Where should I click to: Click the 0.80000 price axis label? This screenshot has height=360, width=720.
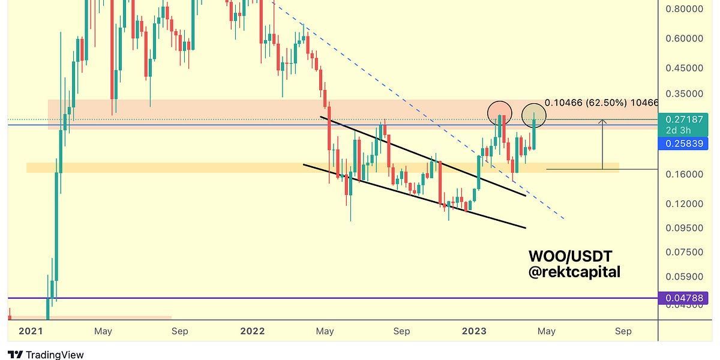point(684,9)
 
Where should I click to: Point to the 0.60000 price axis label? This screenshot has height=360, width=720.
point(684,38)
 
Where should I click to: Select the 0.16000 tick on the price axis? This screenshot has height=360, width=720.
point(684,174)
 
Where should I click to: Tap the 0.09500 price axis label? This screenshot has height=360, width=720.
point(684,228)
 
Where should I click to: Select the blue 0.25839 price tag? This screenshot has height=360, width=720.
point(683,143)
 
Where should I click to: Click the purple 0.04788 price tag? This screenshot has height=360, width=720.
point(683,298)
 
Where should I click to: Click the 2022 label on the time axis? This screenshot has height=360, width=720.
point(252,331)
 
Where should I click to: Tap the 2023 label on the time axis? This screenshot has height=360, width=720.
point(474,331)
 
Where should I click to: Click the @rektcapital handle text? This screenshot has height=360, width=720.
point(574,272)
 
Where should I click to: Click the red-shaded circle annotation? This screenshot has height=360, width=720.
point(499,113)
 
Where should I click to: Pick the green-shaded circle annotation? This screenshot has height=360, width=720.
point(533,116)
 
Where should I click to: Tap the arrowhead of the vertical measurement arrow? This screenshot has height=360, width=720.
point(603,122)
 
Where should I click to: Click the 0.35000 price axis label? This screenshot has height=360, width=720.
point(684,94)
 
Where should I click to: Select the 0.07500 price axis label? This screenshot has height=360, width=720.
point(684,252)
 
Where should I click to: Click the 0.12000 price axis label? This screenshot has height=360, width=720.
point(684,203)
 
